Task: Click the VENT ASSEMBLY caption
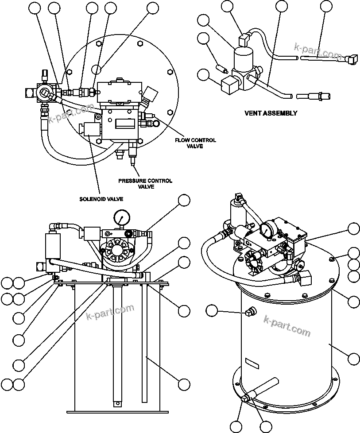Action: (271, 113)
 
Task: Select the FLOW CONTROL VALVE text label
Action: (195, 143)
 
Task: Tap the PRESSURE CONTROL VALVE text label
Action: (145, 184)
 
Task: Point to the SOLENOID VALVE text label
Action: (101, 199)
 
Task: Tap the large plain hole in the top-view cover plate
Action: (97, 69)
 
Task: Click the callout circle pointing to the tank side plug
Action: (213, 311)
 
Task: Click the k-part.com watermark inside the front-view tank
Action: (110, 313)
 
